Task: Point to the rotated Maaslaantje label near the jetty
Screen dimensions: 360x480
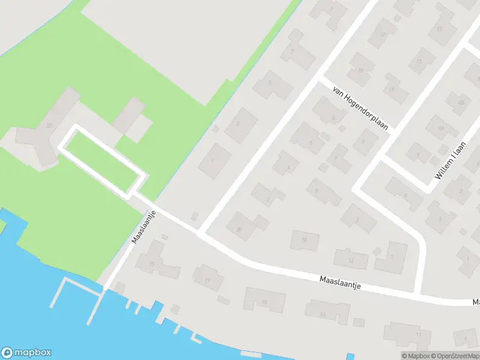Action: (144, 227)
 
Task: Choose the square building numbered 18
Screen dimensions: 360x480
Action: (304, 241)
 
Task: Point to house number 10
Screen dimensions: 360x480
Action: (361, 69)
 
